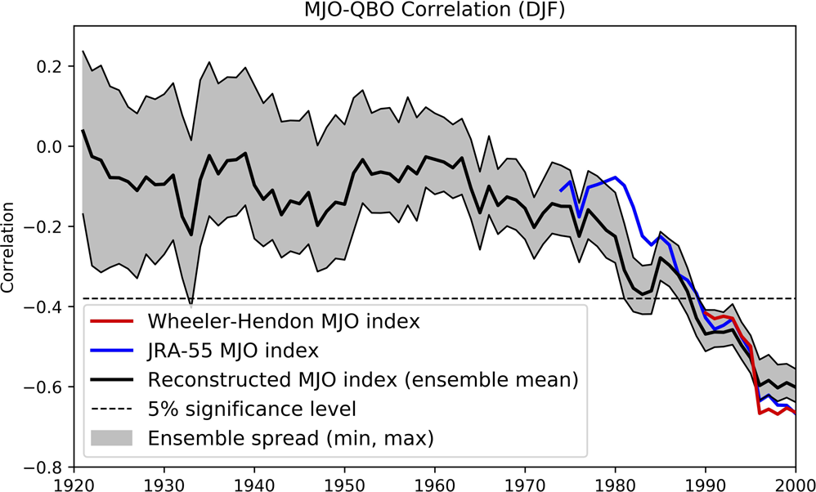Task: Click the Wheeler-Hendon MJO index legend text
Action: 284,321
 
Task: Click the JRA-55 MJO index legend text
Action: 233,351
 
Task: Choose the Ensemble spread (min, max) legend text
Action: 290,438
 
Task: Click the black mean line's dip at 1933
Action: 191,235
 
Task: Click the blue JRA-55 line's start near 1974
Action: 560,190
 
